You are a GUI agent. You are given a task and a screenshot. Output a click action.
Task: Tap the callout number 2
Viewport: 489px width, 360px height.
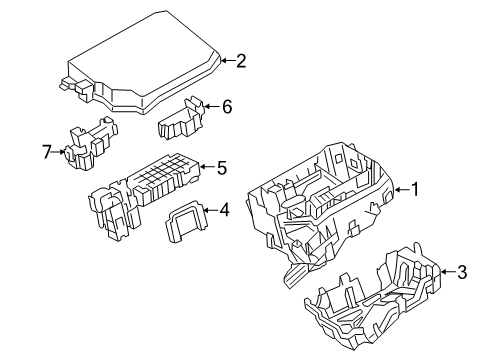(240, 61)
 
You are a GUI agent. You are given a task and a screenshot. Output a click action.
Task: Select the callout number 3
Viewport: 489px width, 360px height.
(461, 270)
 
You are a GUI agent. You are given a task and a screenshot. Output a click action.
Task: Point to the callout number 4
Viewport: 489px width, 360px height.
(224, 210)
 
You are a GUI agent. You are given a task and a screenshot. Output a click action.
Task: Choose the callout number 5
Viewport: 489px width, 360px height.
(222, 168)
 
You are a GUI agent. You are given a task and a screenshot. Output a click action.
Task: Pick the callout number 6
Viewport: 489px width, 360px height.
(226, 105)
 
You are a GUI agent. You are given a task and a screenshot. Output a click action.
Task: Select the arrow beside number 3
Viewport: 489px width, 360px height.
(446, 270)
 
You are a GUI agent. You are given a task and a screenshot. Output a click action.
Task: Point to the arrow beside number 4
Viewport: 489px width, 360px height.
(209, 210)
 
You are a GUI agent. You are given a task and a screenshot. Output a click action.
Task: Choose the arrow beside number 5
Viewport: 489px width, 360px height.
(207, 168)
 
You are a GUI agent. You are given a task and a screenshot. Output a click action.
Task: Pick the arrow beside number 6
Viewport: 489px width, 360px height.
(211, 105)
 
